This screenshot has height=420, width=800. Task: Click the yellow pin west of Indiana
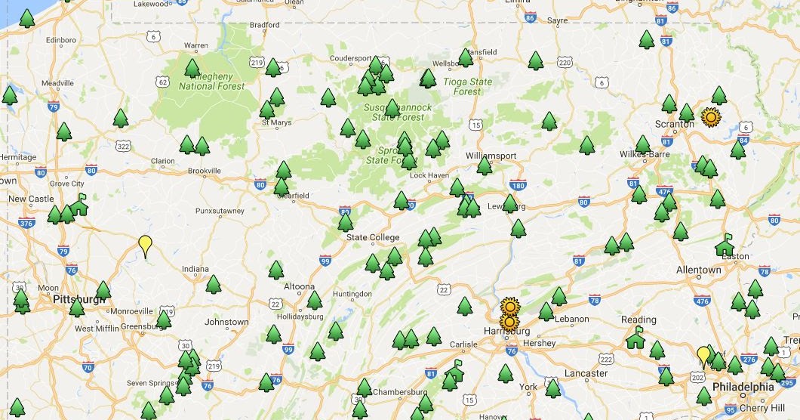click(x=145, y=244)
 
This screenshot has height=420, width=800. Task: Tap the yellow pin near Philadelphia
click(x=703, y=354)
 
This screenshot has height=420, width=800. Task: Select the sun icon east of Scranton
click(x=709, y=117)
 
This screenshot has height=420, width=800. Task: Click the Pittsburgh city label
click(x=79, y=300)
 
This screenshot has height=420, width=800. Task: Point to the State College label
click(x=373, y=237)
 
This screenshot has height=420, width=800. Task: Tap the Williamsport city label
click(x=491, y=156)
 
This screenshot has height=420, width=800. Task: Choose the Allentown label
click(x=699, y=270)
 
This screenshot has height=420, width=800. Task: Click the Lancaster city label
click(x=586, y=373)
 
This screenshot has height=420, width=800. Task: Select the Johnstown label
click(x=226, y=322)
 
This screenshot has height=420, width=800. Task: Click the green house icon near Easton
click(x=725, y=244)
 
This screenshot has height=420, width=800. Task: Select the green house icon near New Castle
click(x=78, y=204)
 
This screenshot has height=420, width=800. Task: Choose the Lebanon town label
click(x=571, y=319)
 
